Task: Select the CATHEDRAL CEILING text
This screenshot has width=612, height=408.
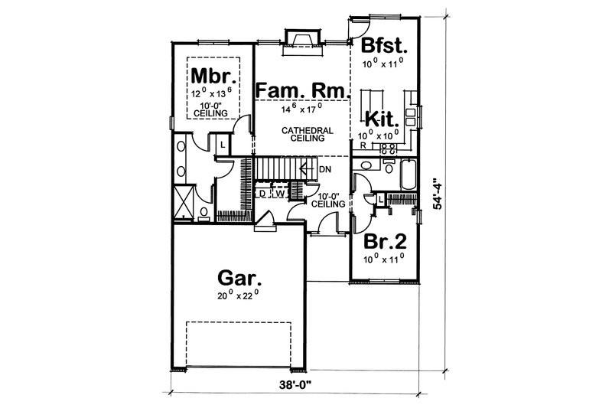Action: (x=307, y=135)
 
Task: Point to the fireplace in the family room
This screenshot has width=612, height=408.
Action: (x=300, y=39)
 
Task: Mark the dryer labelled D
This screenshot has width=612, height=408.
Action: (x=262, y=194)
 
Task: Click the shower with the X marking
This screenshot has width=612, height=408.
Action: (x=184, y=199)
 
